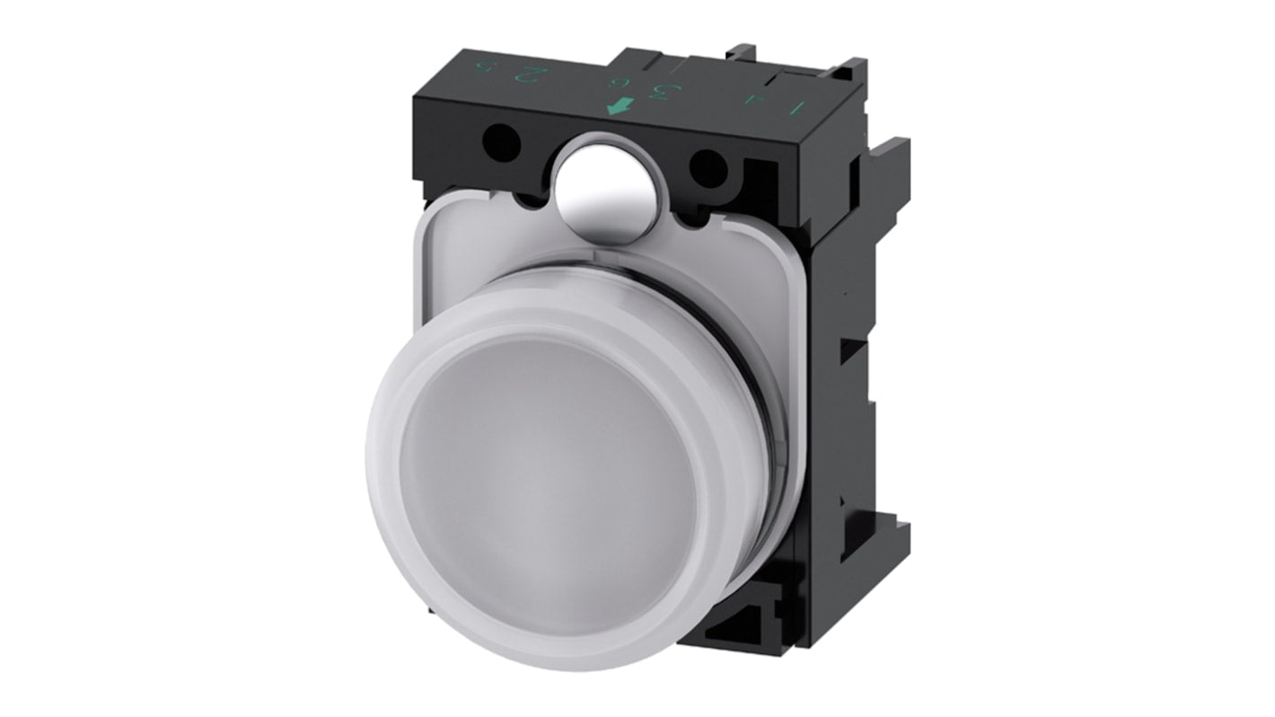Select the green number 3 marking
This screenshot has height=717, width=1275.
665,92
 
